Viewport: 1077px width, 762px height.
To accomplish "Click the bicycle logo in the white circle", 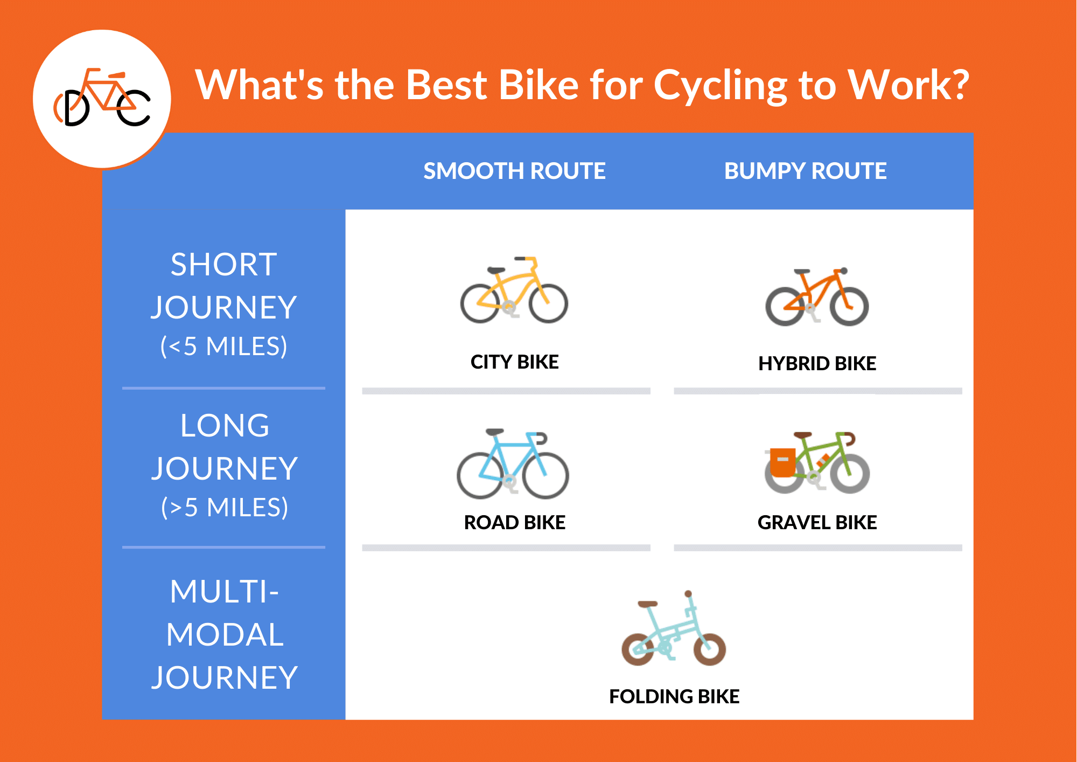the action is tap(102, 98).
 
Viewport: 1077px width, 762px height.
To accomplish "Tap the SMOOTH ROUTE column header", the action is tap(514, 171).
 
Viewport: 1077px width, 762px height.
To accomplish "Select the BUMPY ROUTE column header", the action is tap(805, 171).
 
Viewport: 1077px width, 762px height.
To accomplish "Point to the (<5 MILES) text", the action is tap(223, 346).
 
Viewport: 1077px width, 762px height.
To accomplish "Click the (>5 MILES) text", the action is tap(225, 507).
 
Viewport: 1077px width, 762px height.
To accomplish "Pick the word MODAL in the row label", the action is tap(225, 634).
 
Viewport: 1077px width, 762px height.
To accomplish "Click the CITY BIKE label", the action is tap(514, 362).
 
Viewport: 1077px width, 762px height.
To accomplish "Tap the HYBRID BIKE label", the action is tap(817, 363).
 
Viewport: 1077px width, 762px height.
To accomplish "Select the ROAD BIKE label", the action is tap(514, 522).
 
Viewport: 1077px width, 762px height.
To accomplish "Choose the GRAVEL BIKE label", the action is tap(817, 522).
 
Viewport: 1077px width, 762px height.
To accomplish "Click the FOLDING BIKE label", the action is tap(674, 696).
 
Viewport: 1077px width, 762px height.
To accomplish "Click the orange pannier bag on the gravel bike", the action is tap(782, 462).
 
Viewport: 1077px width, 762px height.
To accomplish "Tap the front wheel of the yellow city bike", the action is tap(548, 303).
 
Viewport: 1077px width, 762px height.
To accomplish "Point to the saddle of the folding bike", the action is tap(648, 604).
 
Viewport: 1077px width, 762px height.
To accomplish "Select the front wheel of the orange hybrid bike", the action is tap(849, 306).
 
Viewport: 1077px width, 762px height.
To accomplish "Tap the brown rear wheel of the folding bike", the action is tap(638, 649).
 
